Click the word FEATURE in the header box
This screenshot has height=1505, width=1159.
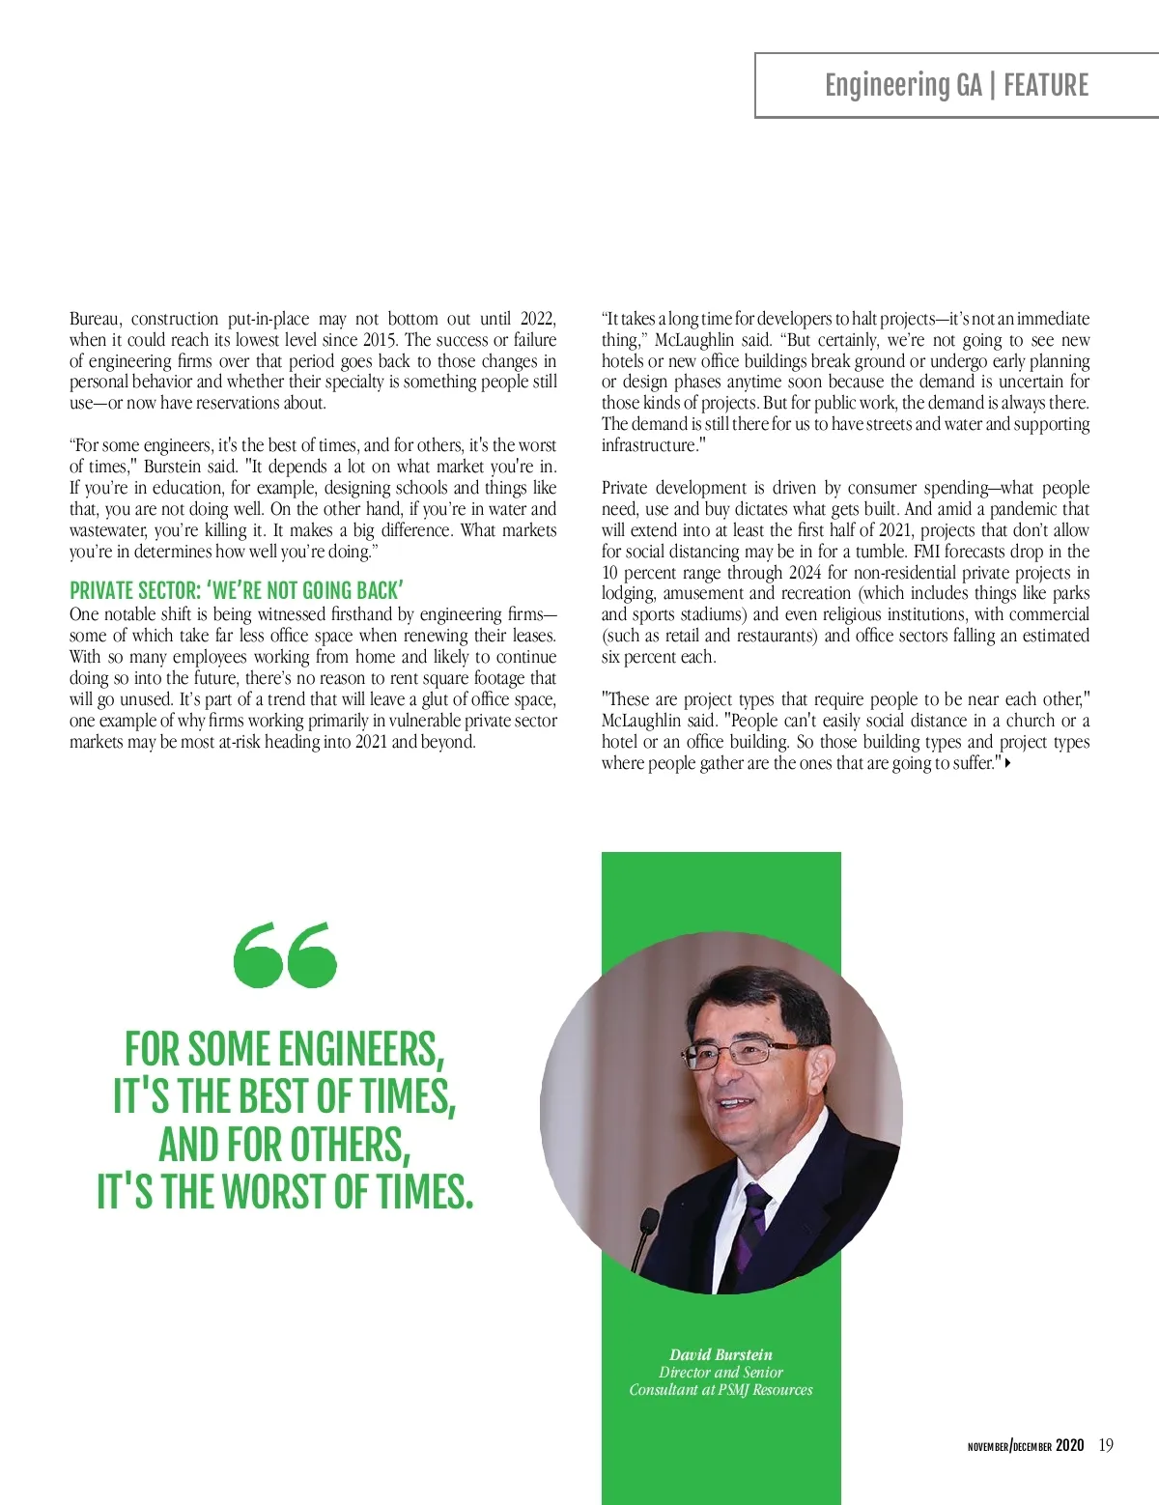[1046, 86]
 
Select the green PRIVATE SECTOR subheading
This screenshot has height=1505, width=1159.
[236, 591]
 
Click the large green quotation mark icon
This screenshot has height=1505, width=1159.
[285, 954]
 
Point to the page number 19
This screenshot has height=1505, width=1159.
[1106, 1446]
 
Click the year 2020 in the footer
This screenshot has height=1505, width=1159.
[1069, 1446]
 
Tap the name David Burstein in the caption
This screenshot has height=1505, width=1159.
[721, 1354]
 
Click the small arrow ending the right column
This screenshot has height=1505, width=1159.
[1008, 763]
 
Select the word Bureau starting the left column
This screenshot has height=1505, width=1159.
[96, 319]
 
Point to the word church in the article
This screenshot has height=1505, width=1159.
[1030, 721]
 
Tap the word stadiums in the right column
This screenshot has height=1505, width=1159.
[715, 614]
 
